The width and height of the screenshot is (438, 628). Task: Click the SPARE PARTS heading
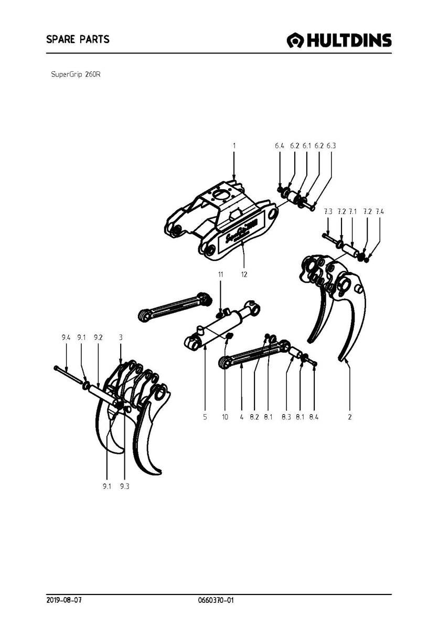coord(78,39)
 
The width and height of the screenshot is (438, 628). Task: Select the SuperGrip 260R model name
coord(76,74)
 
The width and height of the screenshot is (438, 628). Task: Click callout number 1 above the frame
coord(234,146)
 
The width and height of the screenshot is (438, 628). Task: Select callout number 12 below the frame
coord(244,274)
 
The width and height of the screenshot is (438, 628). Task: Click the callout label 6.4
coord(279,146)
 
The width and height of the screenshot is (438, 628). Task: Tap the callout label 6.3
coord(331,146)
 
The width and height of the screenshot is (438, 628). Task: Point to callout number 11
coord(221,274)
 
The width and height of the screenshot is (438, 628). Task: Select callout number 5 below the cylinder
coord(205,417)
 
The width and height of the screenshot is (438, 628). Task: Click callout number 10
coord(225,417)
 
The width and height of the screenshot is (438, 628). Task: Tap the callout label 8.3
coord(286,417)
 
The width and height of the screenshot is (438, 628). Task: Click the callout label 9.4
coord(66,338)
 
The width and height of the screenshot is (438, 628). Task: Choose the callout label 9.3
coord(124,486)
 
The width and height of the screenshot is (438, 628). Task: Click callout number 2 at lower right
coord(349,417)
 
